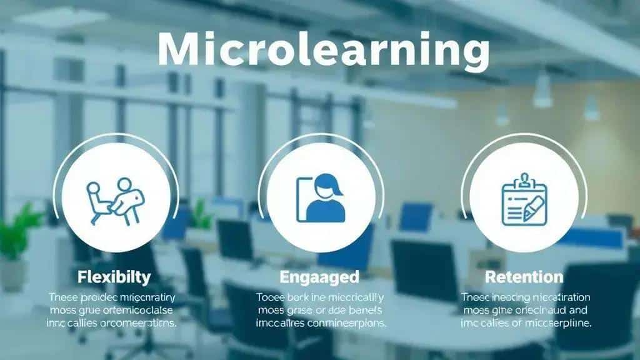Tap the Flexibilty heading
[114, 276]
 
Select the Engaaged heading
[321, 276]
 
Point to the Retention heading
[524, 276]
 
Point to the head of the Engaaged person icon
[327, 186]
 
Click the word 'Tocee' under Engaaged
[271, 297]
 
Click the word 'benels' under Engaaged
[364, 311]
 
